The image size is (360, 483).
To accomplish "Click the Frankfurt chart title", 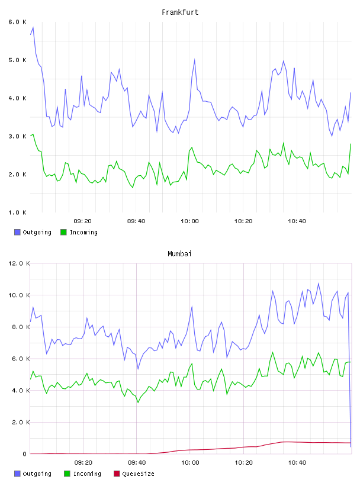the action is pyautogui.click(x=180, y=12).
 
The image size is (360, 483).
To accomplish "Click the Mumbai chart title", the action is pyautogui.click(x=179, y=254).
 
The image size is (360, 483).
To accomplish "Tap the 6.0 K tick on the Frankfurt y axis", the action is pyautogui.click(x=17, y=22).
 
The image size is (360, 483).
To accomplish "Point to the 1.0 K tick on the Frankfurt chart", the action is pyautogui.click(x=17, y=212).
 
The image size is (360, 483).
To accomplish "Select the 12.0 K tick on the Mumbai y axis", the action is pyautogui.click(x=19, y=263).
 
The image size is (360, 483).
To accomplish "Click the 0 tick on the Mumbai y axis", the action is pyautogui.click(x=25, y=454).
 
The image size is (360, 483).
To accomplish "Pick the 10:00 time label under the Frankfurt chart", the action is pyautogui.click(x=189, y=221).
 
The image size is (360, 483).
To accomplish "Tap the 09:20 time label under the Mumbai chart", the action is pyautogui.click(x=83, y=463).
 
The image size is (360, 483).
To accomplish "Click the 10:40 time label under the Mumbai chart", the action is pyautogui.click(x=297, y=463).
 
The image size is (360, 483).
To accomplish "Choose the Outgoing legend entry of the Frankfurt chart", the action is pyautogui.click(x=33, y=232).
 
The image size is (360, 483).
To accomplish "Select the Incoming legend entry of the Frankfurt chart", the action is pyautogui.click(x=79, y=232).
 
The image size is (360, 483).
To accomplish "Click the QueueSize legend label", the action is pyautogui.click(x=138, y=474).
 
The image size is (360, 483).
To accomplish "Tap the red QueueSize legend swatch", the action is pyautogui.click(x=117, y=474).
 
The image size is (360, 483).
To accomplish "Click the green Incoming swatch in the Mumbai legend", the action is pyautogui.click(x=67, y=474).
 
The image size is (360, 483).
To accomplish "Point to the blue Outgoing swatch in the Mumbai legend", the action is pyautogui.click(x=17, y=474).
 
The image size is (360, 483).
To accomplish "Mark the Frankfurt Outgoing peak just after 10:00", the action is pyautogui.click(x=194, y=59).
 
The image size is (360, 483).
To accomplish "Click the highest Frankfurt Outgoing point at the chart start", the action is pyautogui.click(x=33, y=27).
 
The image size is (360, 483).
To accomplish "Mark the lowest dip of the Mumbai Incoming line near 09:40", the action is pyautogui.click(x=138, y=402).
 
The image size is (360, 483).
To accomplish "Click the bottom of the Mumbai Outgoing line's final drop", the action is pyautogui.click(x=351, y=447).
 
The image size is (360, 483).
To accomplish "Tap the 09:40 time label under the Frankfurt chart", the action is pyautogui.click(x=136, y=221).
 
